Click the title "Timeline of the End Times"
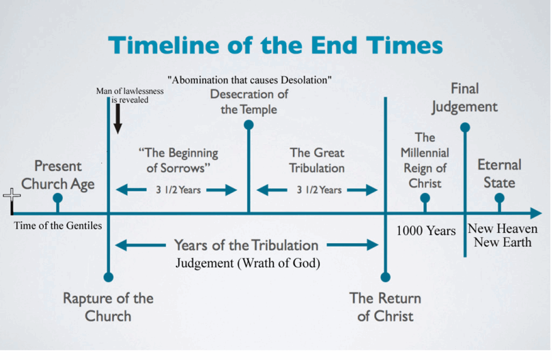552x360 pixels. pyautogui.click(x=275, y=45)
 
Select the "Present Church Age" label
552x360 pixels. pyautogui.click(x=58, y=175)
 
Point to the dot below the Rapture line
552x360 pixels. pyautogui.click(x=108, y=277)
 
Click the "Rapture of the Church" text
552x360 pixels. pyautogui.click(x=108, y=307)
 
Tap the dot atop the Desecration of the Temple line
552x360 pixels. pyautogui.click(x=249, y=125)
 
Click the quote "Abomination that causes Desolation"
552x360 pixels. pyautogui.click(x=249, y=80)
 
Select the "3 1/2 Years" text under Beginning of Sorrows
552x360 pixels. pyautogui.click(x=177, y=190)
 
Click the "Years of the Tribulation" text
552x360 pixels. pyautogui.click(x=246, y=245)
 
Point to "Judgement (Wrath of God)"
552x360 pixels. pyautogui.click(x=248, y=264)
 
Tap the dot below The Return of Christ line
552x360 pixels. pyautogui.click(x=385, y=277)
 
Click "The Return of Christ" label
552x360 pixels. pyautogui.click(x=385, y=307)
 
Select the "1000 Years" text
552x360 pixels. pyautogui.click(x=426, y=231)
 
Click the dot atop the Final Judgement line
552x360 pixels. pyautogui.click(x=465, y=127)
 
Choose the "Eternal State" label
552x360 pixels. pyautogui.click(x=499, y=173)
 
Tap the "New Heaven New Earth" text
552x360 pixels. pyautogui.click(x=502, y=235)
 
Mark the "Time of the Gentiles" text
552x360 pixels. pyautogui.click(x=58, y=226)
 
